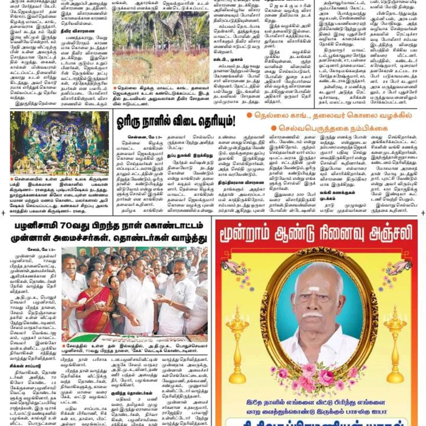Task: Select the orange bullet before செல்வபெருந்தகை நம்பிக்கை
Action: click(x=274, y=128)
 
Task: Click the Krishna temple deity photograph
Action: click(x=59, y=143)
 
